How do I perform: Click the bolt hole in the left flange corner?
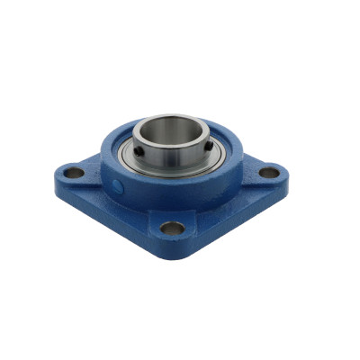coord(76,172)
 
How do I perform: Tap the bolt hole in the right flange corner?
coord(269,172)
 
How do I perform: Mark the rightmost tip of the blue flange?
coord(285,169)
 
